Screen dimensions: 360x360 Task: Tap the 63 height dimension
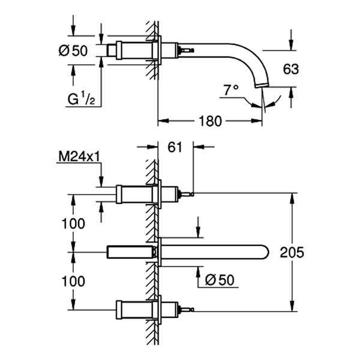coord(290,69)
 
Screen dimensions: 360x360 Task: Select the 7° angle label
coord(230,90)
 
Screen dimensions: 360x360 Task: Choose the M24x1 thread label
coord(79,157)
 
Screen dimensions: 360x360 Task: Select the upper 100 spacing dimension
coord(73,223)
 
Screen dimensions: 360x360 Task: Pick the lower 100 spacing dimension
coord(73,280)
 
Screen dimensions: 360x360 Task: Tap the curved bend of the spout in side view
coord(252,57)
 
